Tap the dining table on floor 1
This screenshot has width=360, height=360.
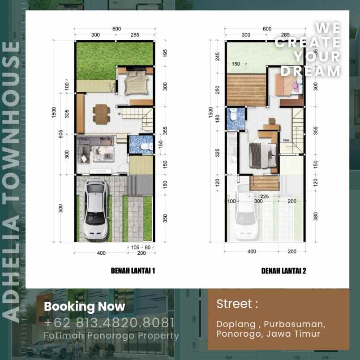pos(101,113)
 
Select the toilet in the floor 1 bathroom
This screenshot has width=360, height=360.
pos(143,147)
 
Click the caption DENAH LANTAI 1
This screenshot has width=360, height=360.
pos(133,271)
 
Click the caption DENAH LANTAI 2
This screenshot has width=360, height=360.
pos(284,271)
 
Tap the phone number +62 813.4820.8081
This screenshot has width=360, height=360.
pos(109,322)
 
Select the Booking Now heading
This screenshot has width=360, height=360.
pos(85,307)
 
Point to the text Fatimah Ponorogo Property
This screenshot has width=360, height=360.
pos(111,335)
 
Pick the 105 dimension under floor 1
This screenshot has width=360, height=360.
pos(136,247)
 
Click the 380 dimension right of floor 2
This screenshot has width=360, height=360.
pos(316,217)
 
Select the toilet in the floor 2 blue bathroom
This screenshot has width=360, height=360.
pos(233,116)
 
